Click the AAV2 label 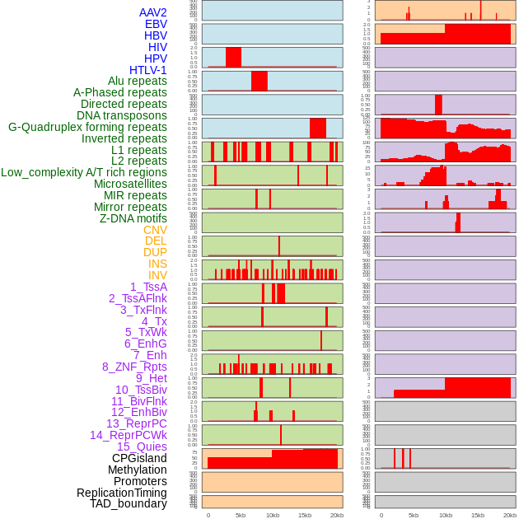click(x=153, y=12)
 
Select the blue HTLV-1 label click(x=148, y=70)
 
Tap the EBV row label click(x=156, y=24)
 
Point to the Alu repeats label click(x=138, y=81)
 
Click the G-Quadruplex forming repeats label click(x=87, y=127)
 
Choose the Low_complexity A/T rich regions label click(x=84, y=172)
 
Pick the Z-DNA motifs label click(x=133, y=218)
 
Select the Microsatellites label click(x=130, y=184)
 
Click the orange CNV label click(x=155, y=230)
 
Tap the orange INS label click(x=157, y=264)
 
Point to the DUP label click(x=155, y=252)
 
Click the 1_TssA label click(x=148, y=287)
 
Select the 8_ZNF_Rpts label click(x=134, y=367)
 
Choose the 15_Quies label click(x=142, y=447)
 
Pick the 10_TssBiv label click(x=141, y=390)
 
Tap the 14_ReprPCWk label click(x=129, y=435)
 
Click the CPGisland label click(x=139, y=458)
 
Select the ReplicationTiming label click(x=122, y=493)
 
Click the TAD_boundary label click(x=129, y=503)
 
